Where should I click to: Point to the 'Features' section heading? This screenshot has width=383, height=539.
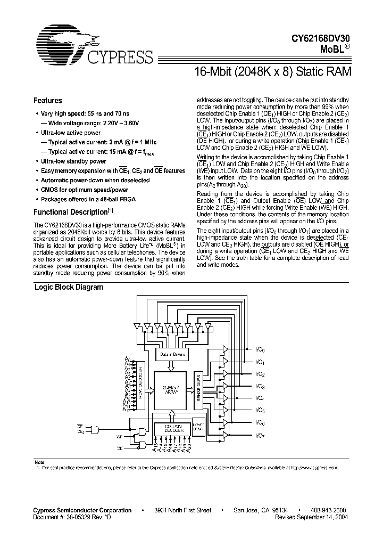click(48, 101)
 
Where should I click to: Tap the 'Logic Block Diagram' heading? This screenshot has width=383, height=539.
click(69, 287)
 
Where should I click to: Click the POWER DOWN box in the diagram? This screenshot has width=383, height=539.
click(198, 426)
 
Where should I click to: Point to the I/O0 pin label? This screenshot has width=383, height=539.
click(260, 350)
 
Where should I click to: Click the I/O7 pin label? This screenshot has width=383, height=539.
click(260, 435)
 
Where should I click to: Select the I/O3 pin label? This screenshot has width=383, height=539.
click(260, 387)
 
